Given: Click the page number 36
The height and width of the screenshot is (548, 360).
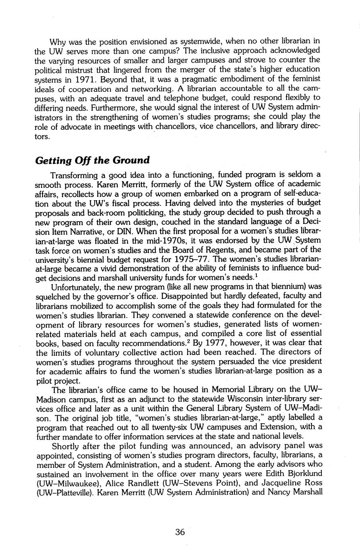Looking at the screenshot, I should click(180, 532).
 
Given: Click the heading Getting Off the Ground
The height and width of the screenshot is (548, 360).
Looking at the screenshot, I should click(92, 160).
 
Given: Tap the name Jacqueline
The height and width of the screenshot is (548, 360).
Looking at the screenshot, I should click(278, 483).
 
